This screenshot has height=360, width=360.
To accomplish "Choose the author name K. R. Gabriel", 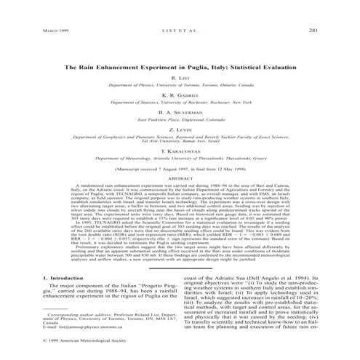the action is pyautogui.click(x=180, y=94).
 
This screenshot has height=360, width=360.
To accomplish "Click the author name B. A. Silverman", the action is pyautogui.click(x=180, y=113).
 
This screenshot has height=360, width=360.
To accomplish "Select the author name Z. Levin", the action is pyautogui.click(x=180, y=132).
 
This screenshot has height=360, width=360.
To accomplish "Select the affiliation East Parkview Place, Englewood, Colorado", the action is pyautogui.click(x=180, y=121).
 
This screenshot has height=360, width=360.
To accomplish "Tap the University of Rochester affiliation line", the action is pyautogui.click(x=180, y=103).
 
